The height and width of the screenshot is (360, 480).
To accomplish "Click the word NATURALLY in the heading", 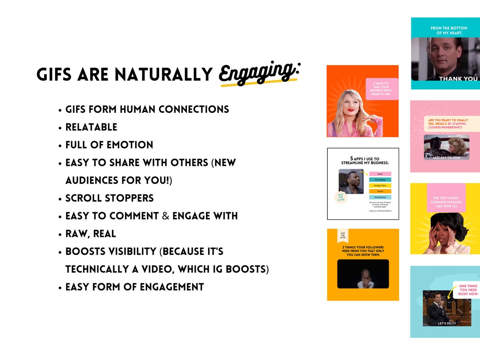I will tap(164, 75).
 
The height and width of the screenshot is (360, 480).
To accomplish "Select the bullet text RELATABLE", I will tap(91, 127).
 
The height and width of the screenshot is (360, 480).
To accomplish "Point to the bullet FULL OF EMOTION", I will tap(109, 145).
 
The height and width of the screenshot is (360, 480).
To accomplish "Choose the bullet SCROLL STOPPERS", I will tap(109, 198).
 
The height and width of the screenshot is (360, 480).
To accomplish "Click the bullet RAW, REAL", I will tap(91, 234).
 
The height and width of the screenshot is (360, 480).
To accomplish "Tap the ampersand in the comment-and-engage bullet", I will tap(165, 216).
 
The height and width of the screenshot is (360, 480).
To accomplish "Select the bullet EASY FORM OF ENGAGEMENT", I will tap(135, 287).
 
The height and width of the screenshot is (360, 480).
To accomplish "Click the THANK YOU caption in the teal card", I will tap(458, 79).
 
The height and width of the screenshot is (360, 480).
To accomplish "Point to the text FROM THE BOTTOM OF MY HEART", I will tap(448, 30).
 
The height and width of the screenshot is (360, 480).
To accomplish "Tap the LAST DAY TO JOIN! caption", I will tap(446, 157).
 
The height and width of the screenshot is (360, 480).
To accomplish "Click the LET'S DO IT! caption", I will tap(447, 323).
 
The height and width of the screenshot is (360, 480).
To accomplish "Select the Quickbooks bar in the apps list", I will tap(380, 197).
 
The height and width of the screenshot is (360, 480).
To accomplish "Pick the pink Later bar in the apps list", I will tap(380, 174).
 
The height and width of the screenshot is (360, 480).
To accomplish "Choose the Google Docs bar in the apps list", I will tap(380, 186).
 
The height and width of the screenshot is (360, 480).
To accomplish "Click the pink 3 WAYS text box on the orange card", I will tap(381, 89).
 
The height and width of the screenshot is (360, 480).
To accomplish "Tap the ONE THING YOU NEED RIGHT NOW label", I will tap(468, 290).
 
